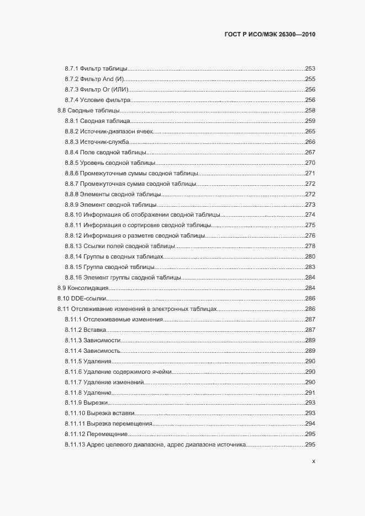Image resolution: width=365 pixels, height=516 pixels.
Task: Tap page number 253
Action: click(310, 68)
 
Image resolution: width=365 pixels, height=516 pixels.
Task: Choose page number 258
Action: click(310, 110)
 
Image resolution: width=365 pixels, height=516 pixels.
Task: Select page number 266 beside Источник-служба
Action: click(310, 142)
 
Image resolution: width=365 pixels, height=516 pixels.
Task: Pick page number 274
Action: click(310, 214)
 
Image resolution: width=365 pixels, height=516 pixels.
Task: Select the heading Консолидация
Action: click(88, 288)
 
